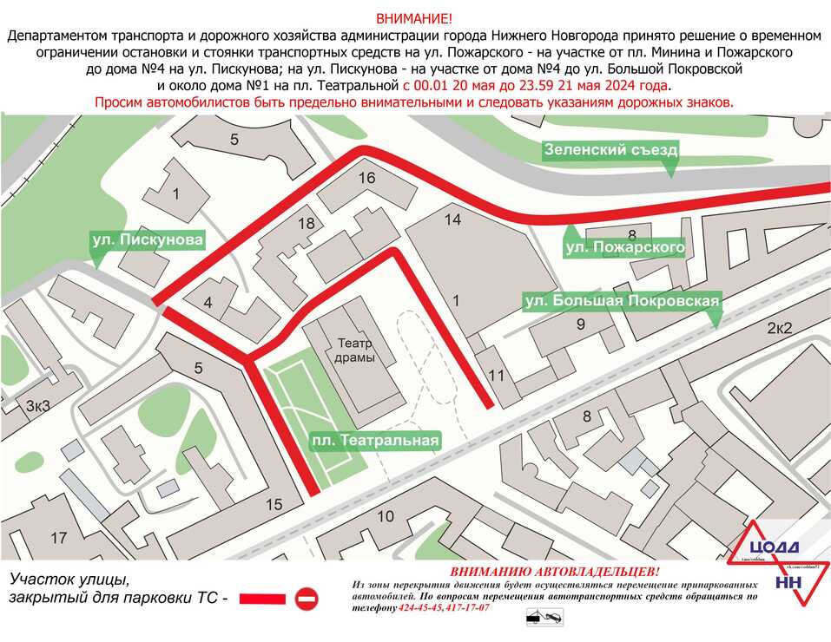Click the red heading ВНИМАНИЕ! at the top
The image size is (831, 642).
[x=414, y=19]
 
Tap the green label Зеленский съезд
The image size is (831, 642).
[x=610, y=150]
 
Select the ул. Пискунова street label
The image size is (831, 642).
[x=148, y=239]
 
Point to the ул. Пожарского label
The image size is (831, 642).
[x=624, y=248]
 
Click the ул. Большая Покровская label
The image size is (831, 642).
[x=623, y=302]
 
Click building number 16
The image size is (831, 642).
[x=366, y=178]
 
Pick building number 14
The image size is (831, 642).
[x=452, y=219]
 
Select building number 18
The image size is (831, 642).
[x=306, y=223]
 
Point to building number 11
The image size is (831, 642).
[x=496, y=376]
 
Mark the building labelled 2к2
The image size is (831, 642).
[x=780, y=327]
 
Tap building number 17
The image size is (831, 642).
[x=58, y=538]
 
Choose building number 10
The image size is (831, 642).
[x=386, y=516]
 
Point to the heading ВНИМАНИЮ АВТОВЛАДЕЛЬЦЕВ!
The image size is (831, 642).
[x=555, y=573]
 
